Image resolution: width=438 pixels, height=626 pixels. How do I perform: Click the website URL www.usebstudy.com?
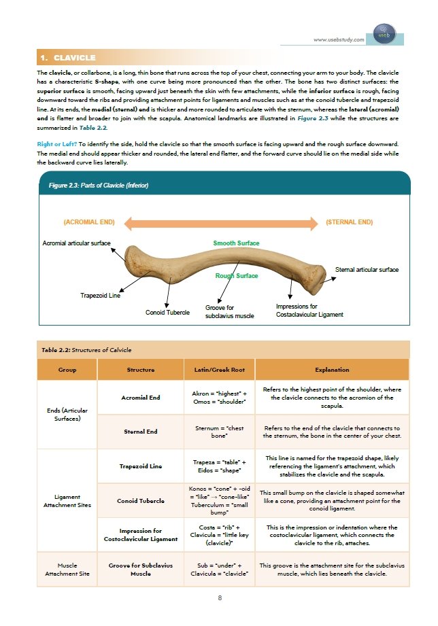tap(338, 40)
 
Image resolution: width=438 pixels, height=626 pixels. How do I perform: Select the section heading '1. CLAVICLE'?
tap(67, 57)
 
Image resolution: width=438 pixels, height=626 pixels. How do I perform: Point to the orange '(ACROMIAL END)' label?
tap(88, 222)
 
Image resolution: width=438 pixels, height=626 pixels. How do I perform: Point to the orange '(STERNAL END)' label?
tap(349, 222)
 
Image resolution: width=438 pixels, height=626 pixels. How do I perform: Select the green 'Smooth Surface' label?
tap(236, 243)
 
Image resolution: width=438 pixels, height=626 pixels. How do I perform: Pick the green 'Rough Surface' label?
tap(236, 276)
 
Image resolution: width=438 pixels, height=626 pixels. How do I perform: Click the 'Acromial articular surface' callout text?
tap(76, 243)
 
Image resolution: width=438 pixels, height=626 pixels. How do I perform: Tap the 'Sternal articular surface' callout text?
tap(367, 270)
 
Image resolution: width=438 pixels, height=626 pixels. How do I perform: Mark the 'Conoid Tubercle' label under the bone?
tap(167, 313)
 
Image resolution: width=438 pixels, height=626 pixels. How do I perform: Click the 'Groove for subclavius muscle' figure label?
tap(229, 312)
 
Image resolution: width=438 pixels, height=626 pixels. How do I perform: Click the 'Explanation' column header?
tap(332, 370)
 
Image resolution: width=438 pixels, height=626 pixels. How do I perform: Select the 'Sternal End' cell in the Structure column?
tap(141, 432)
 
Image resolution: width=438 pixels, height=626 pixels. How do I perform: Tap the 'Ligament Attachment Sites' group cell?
tap(67, 502)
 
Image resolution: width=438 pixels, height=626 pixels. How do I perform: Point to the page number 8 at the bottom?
tap(220, 597)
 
